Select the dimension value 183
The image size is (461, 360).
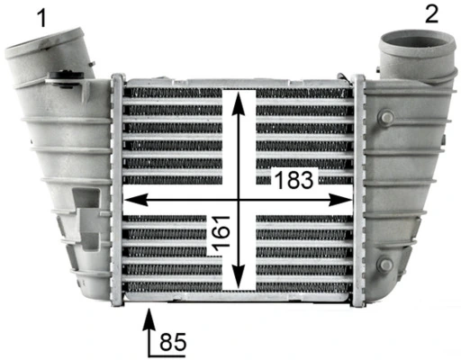(x=294, y=180)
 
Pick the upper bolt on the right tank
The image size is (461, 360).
(x=388, y=119)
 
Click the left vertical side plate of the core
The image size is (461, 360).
(x=116, y=189)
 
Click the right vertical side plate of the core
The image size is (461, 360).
(x=358, y=189)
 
